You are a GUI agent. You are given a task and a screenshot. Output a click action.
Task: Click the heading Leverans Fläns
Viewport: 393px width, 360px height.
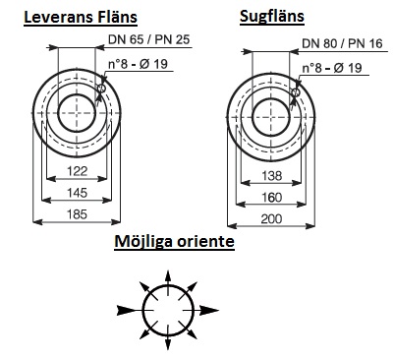[81, 17]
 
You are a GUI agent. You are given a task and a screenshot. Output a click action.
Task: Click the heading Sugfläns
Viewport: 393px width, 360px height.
[272, 17]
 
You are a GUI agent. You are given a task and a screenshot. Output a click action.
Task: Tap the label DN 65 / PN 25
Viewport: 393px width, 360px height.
[149, 39]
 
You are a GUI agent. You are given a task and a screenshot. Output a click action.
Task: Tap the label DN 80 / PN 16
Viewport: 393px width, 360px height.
[342, 43]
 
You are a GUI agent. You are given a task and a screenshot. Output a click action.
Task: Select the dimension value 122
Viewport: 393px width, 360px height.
[78, 171]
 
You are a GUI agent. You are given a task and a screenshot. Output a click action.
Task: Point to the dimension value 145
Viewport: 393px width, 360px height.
[78, 193]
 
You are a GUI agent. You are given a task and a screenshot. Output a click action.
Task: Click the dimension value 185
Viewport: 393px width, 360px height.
[78, 214]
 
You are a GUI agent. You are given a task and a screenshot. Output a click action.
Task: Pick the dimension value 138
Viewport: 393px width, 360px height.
[272, 176]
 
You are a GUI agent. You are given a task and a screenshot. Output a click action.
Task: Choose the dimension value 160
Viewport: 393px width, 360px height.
[272, 198]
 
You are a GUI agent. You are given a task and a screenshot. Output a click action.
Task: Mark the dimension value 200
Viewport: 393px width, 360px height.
[272, 218]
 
